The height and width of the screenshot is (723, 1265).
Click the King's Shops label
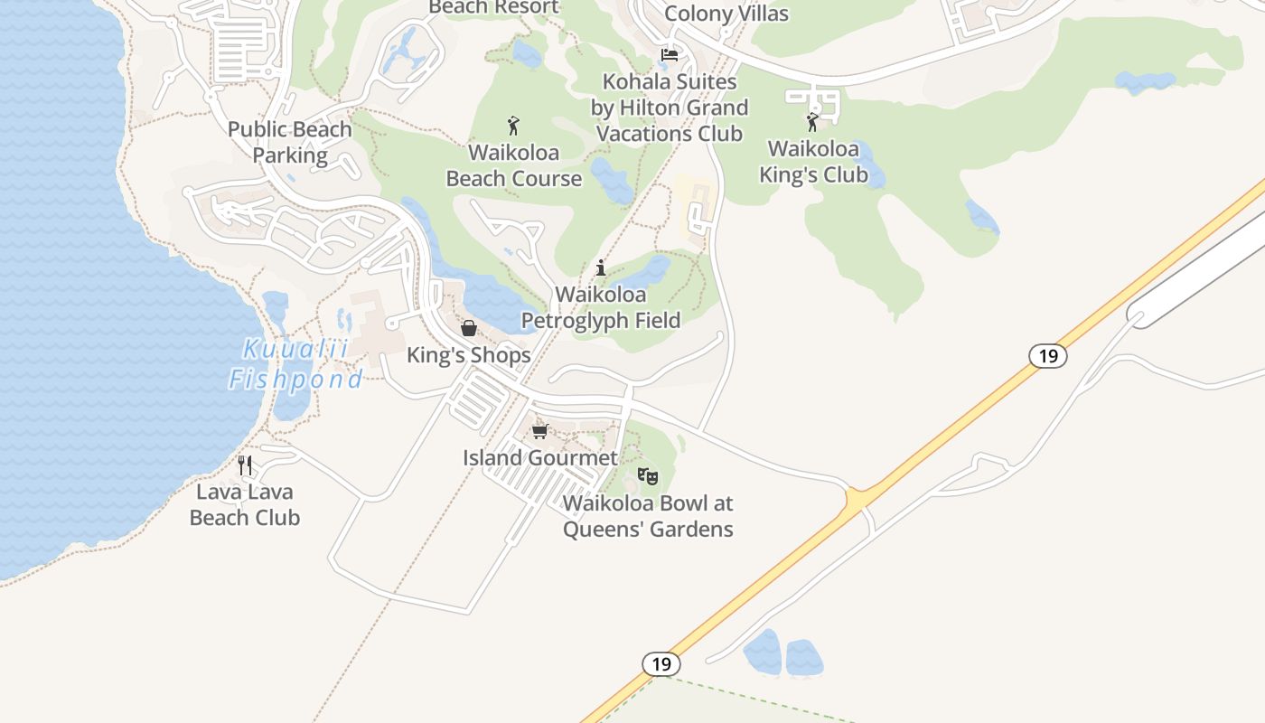point(468,355)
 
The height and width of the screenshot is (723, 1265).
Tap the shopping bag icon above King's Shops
point(469,328)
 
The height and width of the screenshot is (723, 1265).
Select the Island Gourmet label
point(540,457)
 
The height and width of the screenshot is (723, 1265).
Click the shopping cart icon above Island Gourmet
point(540,431)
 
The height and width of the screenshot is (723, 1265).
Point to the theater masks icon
point(648,475)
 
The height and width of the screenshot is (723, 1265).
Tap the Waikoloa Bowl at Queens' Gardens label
point(648,516)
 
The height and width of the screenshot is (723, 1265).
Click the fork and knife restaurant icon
point(245,465)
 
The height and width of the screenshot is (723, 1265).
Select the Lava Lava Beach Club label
point(245,505)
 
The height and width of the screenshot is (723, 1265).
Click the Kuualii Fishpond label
point(295,364)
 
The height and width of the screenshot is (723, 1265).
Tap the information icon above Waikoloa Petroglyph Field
point(601,268)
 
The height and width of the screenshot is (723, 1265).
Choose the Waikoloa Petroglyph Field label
point(601,307)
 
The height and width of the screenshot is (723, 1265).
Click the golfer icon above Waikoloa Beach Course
point(514,126)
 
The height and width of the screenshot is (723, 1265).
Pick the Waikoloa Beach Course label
point(514,165)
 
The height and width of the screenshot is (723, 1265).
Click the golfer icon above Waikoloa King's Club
point(812,121)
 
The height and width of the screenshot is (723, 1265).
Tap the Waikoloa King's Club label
point(813,161)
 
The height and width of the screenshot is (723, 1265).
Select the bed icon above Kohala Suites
point(670,55)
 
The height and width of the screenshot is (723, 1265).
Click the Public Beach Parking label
point(290,142)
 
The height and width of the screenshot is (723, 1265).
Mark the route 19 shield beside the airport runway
point(1048,356)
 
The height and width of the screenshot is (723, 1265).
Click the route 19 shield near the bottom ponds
point(661,664)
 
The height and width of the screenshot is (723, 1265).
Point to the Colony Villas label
point(726,14)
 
